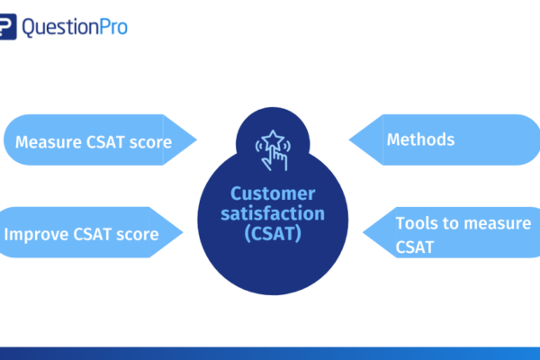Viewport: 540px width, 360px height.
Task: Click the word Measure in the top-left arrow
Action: pyautogui.click(x=49, y=142)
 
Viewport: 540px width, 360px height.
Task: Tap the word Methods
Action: pyautogui.click(x=420, y=139)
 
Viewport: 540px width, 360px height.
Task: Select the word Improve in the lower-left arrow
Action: pyautogui.click(x=36, y=235)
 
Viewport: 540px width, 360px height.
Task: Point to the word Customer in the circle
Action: pyautogui.click(x=273, y=193)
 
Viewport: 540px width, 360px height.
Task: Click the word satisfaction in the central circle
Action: pyautogui.click(x=273, y=213)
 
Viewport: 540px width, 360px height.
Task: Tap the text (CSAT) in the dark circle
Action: pyautogui.click(x=273, y=234)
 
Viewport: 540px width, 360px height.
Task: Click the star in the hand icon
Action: pyautogui.click(x=273, y=139)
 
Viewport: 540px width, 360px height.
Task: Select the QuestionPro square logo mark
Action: pyautogui.click(x=7, y=26)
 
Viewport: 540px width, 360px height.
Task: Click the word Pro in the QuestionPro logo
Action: pyautogui.click(x=113, y=27)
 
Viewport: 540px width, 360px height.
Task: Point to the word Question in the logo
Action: pyautogui.click(x=60, y=28)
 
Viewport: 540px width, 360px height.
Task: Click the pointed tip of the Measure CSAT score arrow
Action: pyautogui.click(x=196, y=139)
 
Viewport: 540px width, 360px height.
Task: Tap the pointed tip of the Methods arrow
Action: pyautogui.click(x=349, y=139)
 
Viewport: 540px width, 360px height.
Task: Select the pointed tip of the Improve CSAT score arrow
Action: pyautogui.click(x=183, y=232)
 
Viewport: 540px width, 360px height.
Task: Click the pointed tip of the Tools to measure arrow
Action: pyautogui.click(x=363, y=232)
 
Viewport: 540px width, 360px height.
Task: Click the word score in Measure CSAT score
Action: pyautogui.click(x=150, y=142)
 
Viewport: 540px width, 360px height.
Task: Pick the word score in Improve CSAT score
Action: pyautogui.click(x=138, y=235)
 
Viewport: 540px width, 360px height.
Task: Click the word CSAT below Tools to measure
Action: pyautogui.click(x=415, y=247)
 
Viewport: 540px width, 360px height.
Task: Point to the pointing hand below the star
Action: pyautogui.click(x=275, y=159)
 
